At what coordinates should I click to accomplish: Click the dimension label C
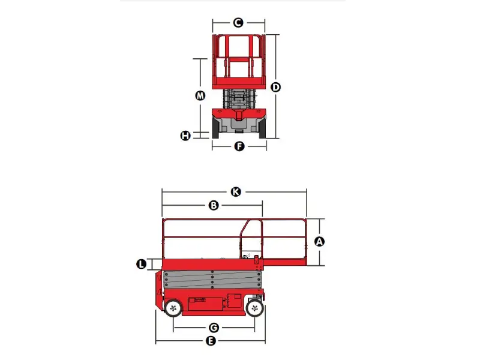pos(238,23)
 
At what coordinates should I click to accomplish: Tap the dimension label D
pos(275,87)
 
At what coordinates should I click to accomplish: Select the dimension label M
pos(200,95)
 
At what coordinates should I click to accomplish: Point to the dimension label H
pos(186,136)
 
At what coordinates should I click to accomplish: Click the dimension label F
pos(239,146)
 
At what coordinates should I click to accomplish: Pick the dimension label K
pos(236,192)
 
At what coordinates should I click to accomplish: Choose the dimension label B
pos(213,205)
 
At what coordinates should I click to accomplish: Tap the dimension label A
pos(319,241)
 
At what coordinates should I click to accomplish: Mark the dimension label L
pos(142,264)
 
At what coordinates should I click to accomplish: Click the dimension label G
pos(213,328)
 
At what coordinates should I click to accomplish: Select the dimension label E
pos(210,341)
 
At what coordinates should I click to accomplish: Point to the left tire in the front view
pos(214,127)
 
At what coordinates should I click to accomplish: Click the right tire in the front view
pos(262,127)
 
